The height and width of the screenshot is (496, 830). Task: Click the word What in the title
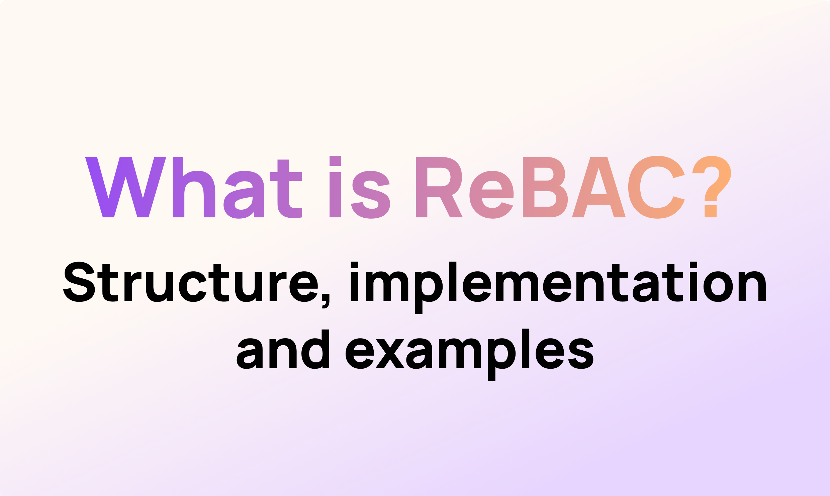[x=193, y=188]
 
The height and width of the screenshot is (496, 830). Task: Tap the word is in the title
[x=360, y=188]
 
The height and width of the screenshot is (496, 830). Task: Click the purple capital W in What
[x=126, y=188]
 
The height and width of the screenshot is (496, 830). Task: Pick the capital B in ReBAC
[x=545, y=188]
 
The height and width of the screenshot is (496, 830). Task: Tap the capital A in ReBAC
[x=598, y=188]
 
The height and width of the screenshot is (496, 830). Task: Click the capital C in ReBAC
[x=656, y=188]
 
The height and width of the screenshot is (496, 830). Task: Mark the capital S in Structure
[x=79, y=282]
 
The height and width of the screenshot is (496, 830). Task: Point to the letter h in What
[x=194, y=188]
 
